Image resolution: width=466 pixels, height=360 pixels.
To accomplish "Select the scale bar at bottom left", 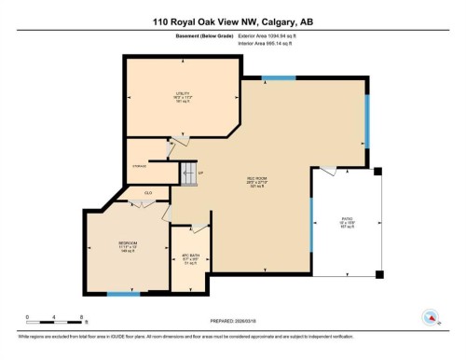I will coord(54,319).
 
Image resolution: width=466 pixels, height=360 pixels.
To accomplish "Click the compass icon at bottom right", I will coord(431,316).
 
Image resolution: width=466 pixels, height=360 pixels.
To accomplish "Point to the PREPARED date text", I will coord(233,323).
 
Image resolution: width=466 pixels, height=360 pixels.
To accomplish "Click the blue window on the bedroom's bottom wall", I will coord(117,294).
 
